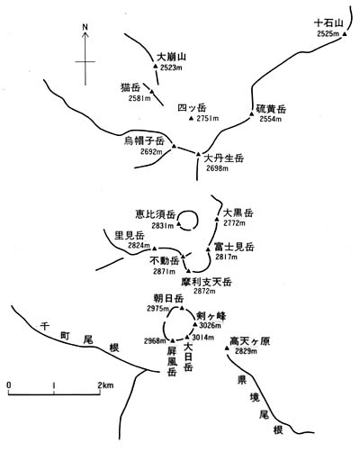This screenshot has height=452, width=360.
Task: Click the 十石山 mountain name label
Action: point(328,23)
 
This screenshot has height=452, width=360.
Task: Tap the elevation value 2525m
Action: point(328,33)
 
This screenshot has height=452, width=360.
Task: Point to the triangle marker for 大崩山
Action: point(156,66)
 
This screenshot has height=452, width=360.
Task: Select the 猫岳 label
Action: point(130,87)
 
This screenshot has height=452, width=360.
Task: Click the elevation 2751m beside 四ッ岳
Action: point(208,118)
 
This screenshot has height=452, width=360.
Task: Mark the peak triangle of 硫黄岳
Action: point(252,113)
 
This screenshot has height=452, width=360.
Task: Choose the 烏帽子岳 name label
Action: point(145,140)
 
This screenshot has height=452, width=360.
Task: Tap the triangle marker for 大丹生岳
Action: point(198,154)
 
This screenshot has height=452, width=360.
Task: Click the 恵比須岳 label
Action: point(155,214)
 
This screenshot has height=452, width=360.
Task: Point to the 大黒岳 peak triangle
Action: point(217,219)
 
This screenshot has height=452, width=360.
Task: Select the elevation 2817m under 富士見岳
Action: point(226,257)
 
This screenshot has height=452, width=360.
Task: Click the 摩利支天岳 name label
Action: point(207,282)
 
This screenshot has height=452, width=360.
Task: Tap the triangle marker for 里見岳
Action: point(155,249)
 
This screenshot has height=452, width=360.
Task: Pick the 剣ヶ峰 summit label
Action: point(211,316)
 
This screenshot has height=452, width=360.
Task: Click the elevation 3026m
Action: point(210,325)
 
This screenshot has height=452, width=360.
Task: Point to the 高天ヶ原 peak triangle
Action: point(227,348)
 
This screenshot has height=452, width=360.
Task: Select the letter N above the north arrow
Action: point(85,27)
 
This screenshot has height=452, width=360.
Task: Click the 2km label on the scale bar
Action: point(105,385)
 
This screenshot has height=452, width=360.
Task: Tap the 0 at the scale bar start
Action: point(9,385)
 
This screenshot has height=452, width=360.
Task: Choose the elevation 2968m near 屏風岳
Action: point(155,341)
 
